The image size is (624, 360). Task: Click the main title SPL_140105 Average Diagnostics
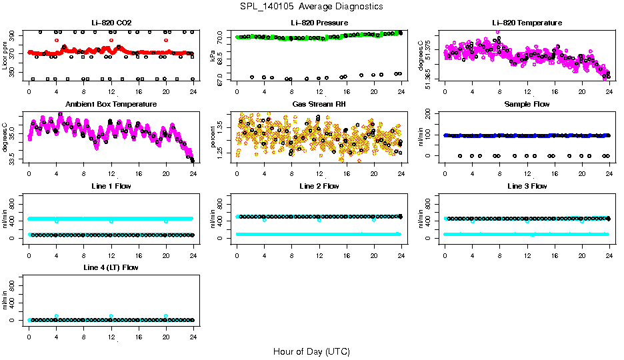point(312,7)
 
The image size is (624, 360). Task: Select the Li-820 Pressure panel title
point(319,23)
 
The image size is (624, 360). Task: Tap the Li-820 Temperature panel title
point(526,23)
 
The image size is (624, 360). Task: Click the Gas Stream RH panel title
point(319,105)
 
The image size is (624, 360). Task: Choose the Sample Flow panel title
point(526,105)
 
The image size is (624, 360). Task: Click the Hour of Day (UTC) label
point(311,351)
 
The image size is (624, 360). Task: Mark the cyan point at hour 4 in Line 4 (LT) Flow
point(57,316)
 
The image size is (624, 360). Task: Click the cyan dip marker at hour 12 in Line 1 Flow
point(111,221)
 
